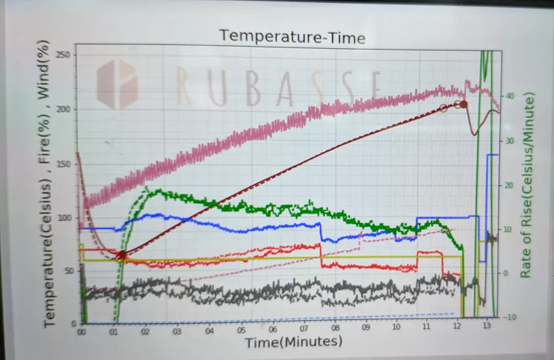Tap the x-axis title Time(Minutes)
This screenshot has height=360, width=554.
293,342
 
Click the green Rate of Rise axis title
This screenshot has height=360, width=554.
528,185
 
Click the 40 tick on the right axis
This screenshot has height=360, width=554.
509,96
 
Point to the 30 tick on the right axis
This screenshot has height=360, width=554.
509,141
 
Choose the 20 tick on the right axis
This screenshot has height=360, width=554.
509,185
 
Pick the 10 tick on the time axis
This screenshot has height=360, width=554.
397,330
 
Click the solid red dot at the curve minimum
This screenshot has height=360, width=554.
121,255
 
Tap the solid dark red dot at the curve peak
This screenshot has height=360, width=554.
464,104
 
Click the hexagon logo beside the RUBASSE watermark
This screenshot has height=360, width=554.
117,84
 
